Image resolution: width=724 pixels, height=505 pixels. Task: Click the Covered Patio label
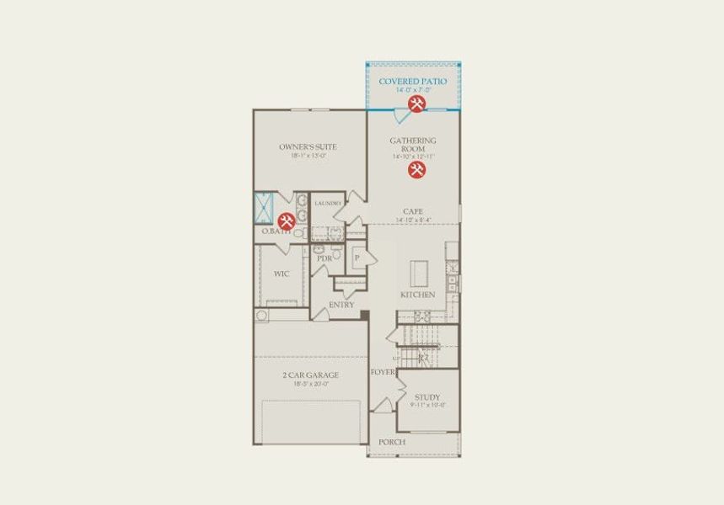coord(413,81)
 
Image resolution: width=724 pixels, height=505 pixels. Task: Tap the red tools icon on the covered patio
coord(416,104)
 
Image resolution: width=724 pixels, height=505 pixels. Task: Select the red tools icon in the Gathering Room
coord(416,170)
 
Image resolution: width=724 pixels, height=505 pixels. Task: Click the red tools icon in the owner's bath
coord(286,220)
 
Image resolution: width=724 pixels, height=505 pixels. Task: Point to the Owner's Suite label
coord(308,146)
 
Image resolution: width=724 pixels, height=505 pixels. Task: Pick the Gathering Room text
coord(413,144)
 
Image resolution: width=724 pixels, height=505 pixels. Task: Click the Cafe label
coord(413,211)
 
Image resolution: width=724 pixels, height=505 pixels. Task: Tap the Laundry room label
coord(327,204)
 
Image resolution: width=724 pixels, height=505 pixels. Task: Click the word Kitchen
coord(418,295)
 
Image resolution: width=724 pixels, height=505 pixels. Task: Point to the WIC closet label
coord(282,274)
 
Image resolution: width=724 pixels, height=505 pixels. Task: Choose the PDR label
coord(324,258)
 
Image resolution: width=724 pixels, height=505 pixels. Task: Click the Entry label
coord(341,305)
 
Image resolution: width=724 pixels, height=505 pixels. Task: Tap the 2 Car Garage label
coord(310,375)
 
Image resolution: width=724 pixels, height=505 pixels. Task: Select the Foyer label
coord(382,371)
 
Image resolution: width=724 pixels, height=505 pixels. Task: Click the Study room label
coord(427,397)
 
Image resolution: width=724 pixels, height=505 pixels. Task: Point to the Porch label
coord(392,442)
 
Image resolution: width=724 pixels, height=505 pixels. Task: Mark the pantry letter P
coord(357,258)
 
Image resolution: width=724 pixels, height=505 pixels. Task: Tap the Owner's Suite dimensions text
coord(308,156)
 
